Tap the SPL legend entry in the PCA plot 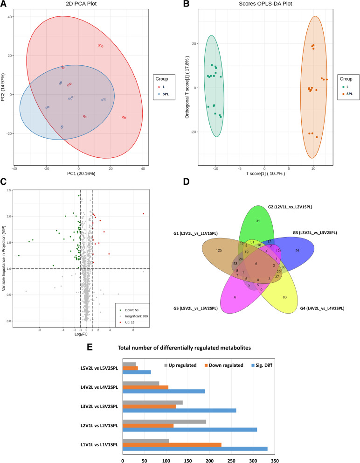pyautogui.click(x=165, y=94)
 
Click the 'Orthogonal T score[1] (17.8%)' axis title pyautogui.click(x=187, y=88)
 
